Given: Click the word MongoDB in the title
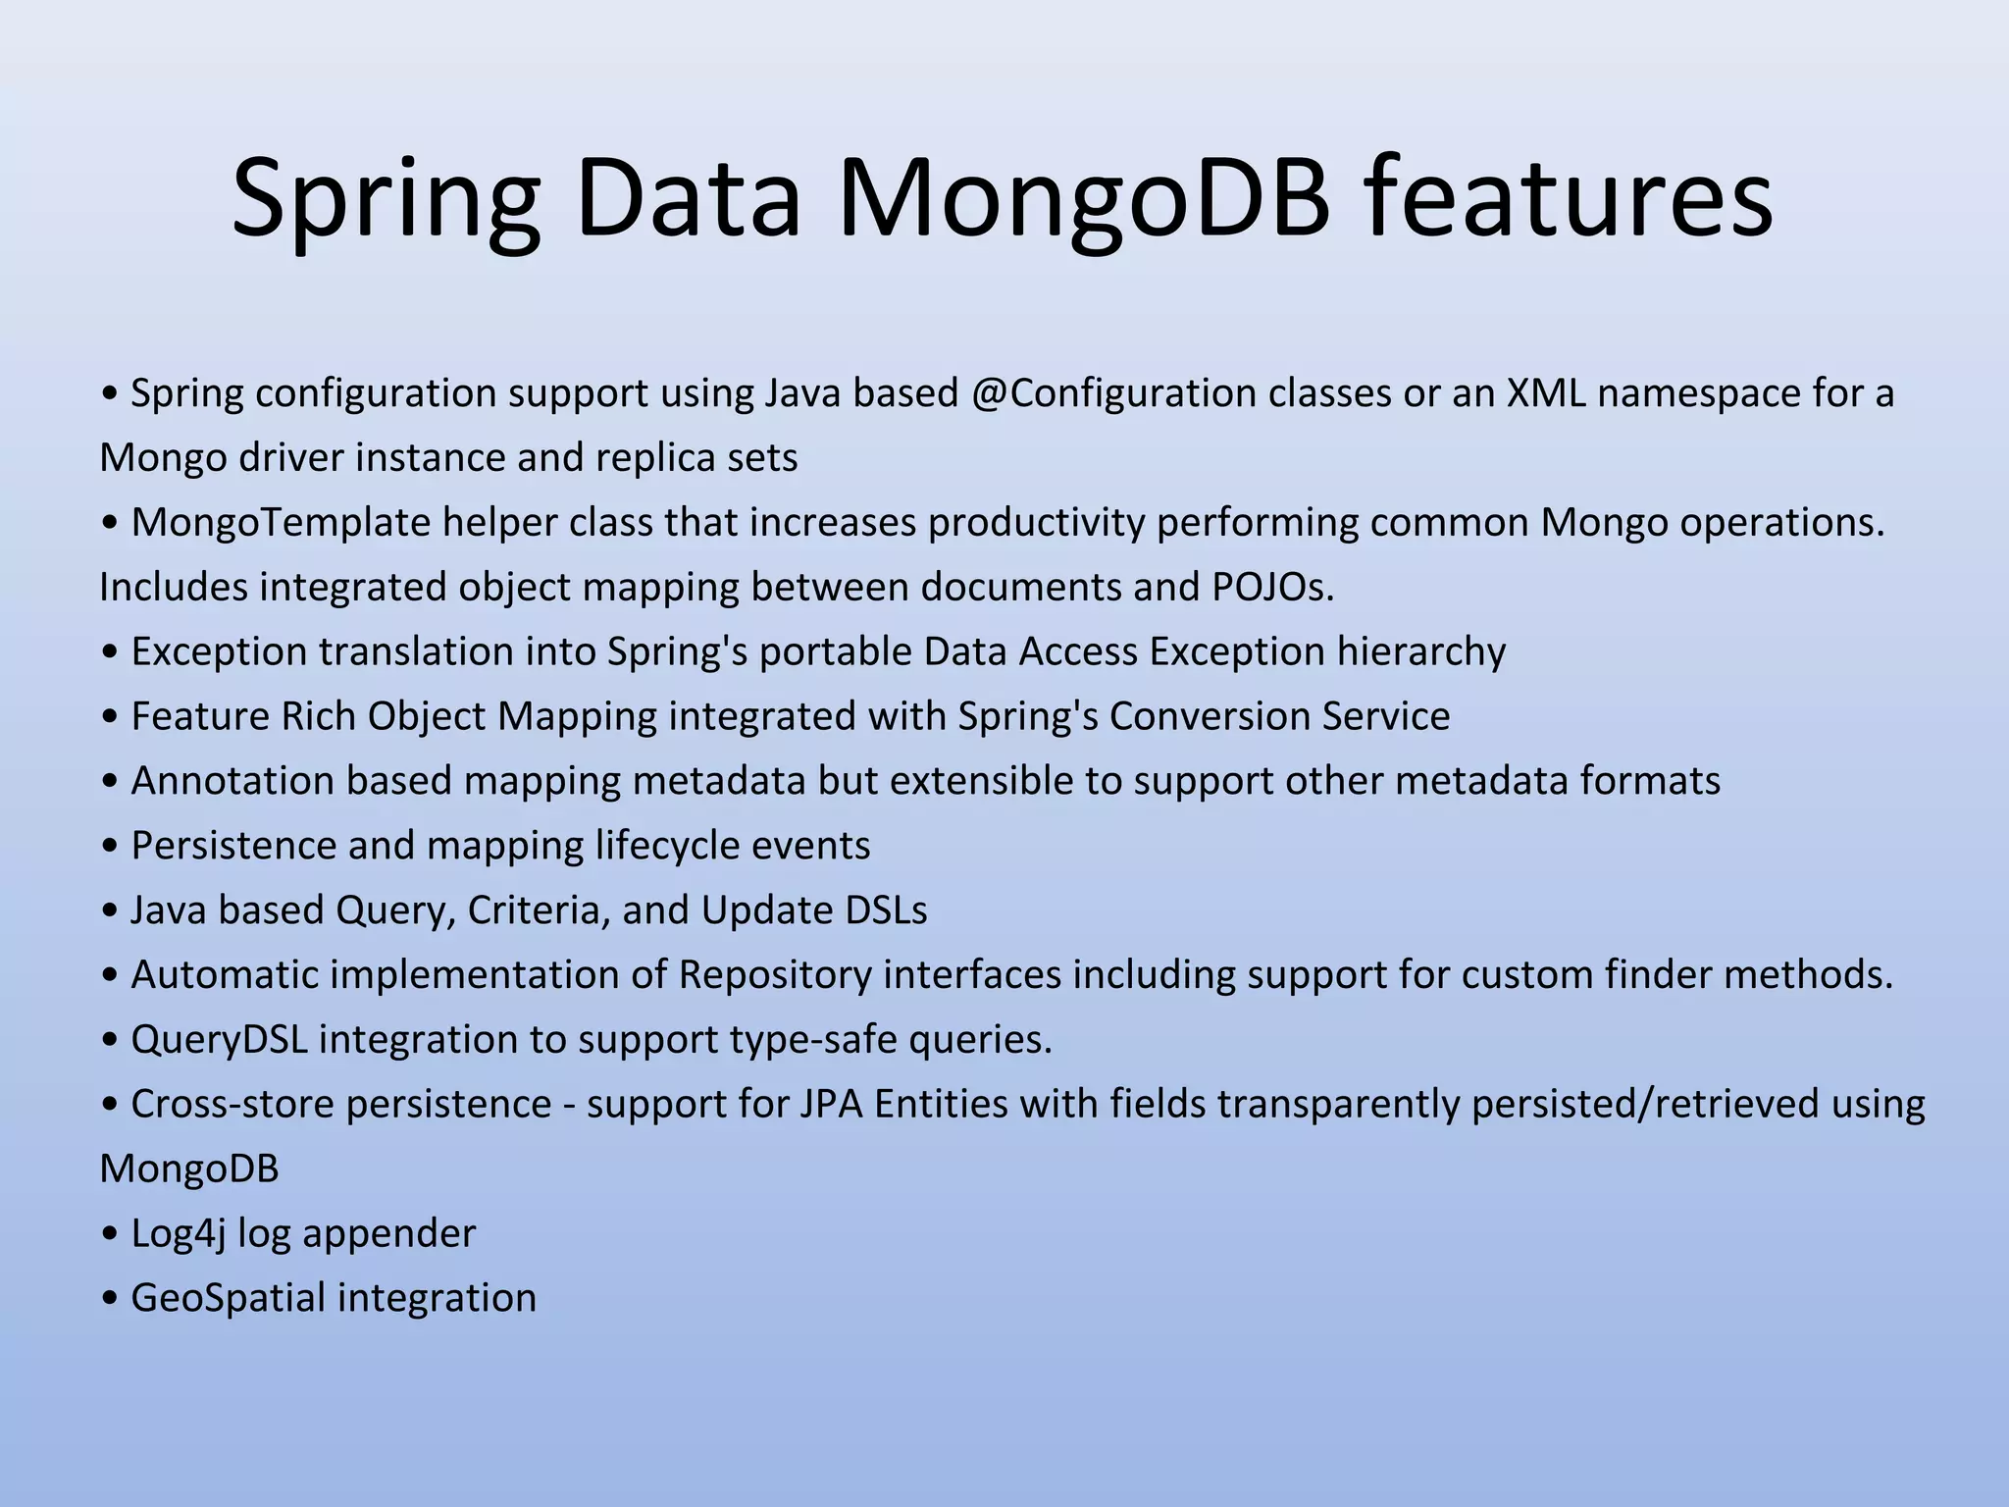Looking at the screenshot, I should pos(1084,199).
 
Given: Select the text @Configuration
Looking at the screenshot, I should pos(1114,393).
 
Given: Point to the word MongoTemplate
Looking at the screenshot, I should pos(281,523).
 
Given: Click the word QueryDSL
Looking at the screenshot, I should pos(219,1040).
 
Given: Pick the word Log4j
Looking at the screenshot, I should pos(179,1234).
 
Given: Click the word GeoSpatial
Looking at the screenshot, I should pos(228,1299).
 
